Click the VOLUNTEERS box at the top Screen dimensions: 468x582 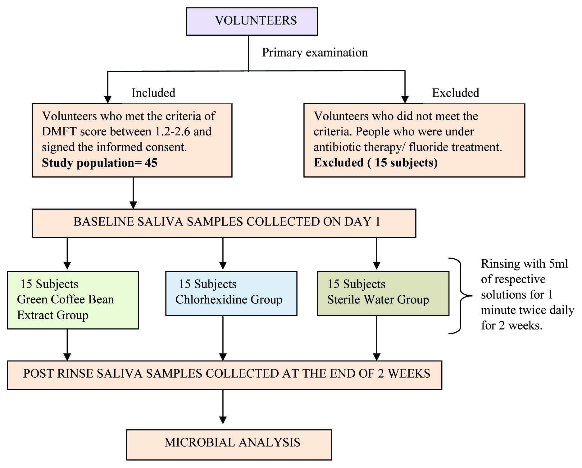252,21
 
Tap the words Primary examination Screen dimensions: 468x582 315,52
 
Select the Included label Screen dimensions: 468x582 153,93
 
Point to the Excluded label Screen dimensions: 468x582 455,93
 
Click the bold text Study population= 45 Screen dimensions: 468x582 99,163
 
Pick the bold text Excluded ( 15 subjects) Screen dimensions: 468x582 375,163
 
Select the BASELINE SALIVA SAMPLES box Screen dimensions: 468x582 224,223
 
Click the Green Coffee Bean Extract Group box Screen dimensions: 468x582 73,300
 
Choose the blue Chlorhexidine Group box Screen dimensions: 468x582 231,293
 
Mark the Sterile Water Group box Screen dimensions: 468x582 383,293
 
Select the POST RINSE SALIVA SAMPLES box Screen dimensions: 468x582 224,375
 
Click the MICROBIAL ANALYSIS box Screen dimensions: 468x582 229,444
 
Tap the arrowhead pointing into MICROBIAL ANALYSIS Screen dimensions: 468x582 223,420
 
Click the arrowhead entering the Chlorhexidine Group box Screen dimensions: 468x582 223,266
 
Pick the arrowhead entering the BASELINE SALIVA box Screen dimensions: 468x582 133,205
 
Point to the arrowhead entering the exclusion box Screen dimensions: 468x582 405,99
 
